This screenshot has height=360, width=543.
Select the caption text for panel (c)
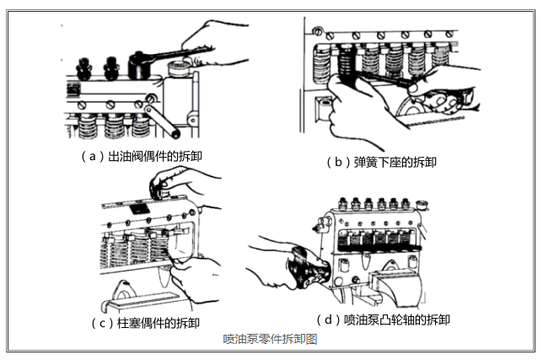click(145, 322)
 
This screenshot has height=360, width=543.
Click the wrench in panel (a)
click(169, 56)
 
